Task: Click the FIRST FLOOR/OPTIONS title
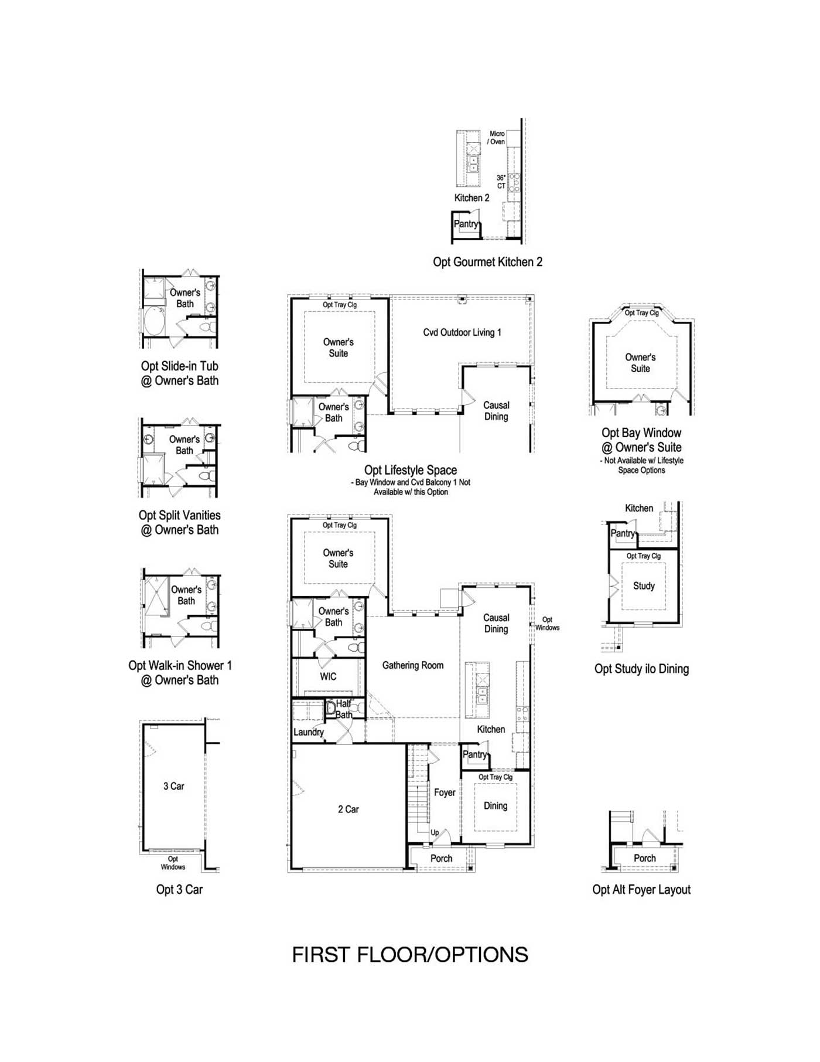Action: click(x=410, y=955)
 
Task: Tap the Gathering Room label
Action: click(x=413, y=665)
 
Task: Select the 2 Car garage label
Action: click(x=348, y=809)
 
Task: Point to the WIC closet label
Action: click(x=328, y=676)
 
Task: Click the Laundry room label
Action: click(x=309, y=732)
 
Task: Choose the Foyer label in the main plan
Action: click(x=445, y=792)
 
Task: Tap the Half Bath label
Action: click(x=344, y=709)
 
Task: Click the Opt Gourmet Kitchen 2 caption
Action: click(x=488, y=262)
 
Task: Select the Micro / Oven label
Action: click(x=497, y=138)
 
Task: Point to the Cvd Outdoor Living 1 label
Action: click(x=462, y=332)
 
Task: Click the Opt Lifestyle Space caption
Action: click(x=411, y=470)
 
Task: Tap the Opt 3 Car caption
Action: click(x=179, y=890)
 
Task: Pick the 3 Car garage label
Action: click(x=174, y=787)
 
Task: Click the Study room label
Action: click(x=644, y=586)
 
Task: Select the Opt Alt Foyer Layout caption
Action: click(x=641, y=890)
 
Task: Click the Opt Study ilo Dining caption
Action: click(x=641, y=669)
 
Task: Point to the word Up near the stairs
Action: click(x=435, y=833)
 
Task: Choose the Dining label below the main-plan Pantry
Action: click(x=496, y=806)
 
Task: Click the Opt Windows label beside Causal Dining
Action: click(x=547, y=624)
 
